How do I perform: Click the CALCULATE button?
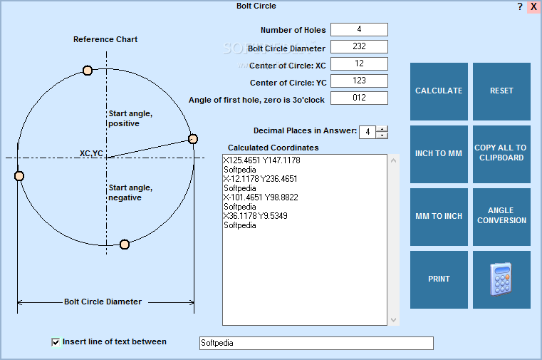(x=439, y=91)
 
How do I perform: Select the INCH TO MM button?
(x=439, y=154)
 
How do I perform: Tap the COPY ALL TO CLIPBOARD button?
(x=501, y=154)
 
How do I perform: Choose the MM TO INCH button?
(x=439, y=217)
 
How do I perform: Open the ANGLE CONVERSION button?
(x=501, y=217)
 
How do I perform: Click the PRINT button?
(x=439, y=279)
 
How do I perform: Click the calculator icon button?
(x=501, y=279)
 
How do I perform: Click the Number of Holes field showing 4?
(x=359, y=29)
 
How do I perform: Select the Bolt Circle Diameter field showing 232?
(x=359, y=47)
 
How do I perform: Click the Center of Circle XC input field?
(x=359, y=64)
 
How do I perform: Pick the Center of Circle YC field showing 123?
(x=359, y=81)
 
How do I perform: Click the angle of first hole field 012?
(x=359, y=98)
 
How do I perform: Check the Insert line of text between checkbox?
(x=56, y=342)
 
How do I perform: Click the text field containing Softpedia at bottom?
(x=316, y=343)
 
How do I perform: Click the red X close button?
(x=533, y=6)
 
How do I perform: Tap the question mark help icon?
(x=519, y=6)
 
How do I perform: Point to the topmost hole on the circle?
(x=88, y=70)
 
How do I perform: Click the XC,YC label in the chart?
(x=91, y=153)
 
